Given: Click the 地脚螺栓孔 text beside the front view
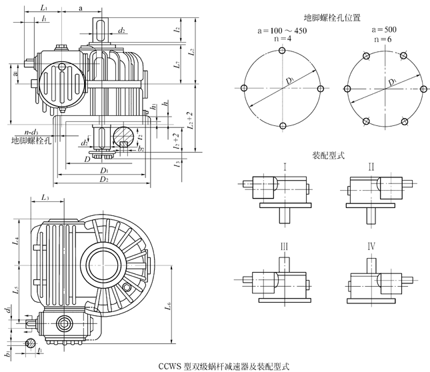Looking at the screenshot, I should (31, 141).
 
